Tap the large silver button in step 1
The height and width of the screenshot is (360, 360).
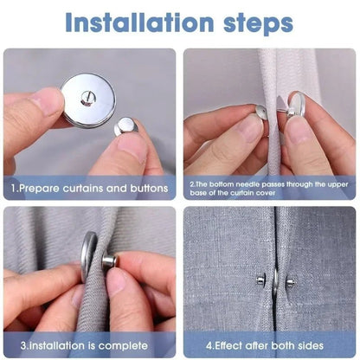(x=87, y=100)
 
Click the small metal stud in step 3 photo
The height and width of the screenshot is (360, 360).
(x=107, y=259)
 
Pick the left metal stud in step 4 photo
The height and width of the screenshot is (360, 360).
(x=261, y=279)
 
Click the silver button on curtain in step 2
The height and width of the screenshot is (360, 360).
(x=261, y=112)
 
